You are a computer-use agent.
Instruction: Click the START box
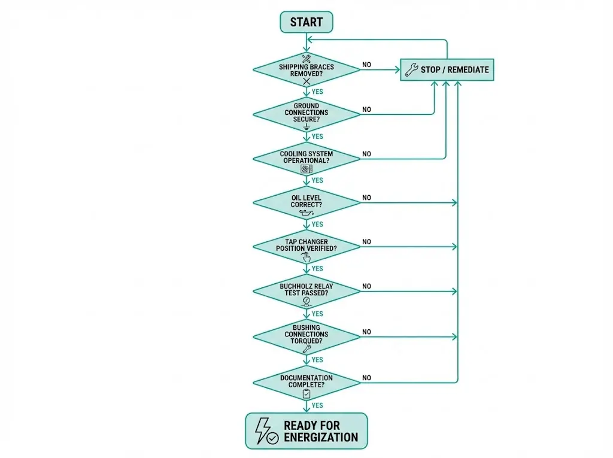click(x=306, y=22)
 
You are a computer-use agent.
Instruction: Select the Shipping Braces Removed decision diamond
click(x=306, y=69)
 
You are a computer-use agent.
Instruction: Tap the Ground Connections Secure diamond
click(x=306, y=114)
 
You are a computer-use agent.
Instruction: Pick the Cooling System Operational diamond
click(x=306, y=159)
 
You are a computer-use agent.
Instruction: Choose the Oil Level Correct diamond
click(x=306, y=203)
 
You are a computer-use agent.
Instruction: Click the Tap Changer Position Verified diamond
click(x=306, y=247)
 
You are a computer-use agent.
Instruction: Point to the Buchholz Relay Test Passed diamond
click(x=306, y=291)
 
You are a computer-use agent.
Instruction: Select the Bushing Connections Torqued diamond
click(x=306, y=336)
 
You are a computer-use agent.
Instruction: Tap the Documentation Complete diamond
click(x=306, y=383)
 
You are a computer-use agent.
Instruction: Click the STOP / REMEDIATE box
click(x=447, y=69)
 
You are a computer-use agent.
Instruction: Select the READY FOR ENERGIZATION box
click(x=306, y=431)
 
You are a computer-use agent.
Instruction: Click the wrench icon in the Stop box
click(x=411, y=70)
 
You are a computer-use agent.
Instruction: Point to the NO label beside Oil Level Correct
click(x=366, y=198)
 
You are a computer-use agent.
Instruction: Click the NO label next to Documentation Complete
click(x=366, y=378)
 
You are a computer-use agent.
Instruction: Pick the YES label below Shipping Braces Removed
click(x=317, y=92)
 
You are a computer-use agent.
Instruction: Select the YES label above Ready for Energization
click(x=317, y=405)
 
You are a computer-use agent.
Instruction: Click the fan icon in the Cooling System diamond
click(x=306, y=169)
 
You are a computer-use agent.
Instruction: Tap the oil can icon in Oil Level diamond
click(x=306, y=213)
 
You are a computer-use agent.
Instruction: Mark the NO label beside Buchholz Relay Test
click(x=366, y=286)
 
